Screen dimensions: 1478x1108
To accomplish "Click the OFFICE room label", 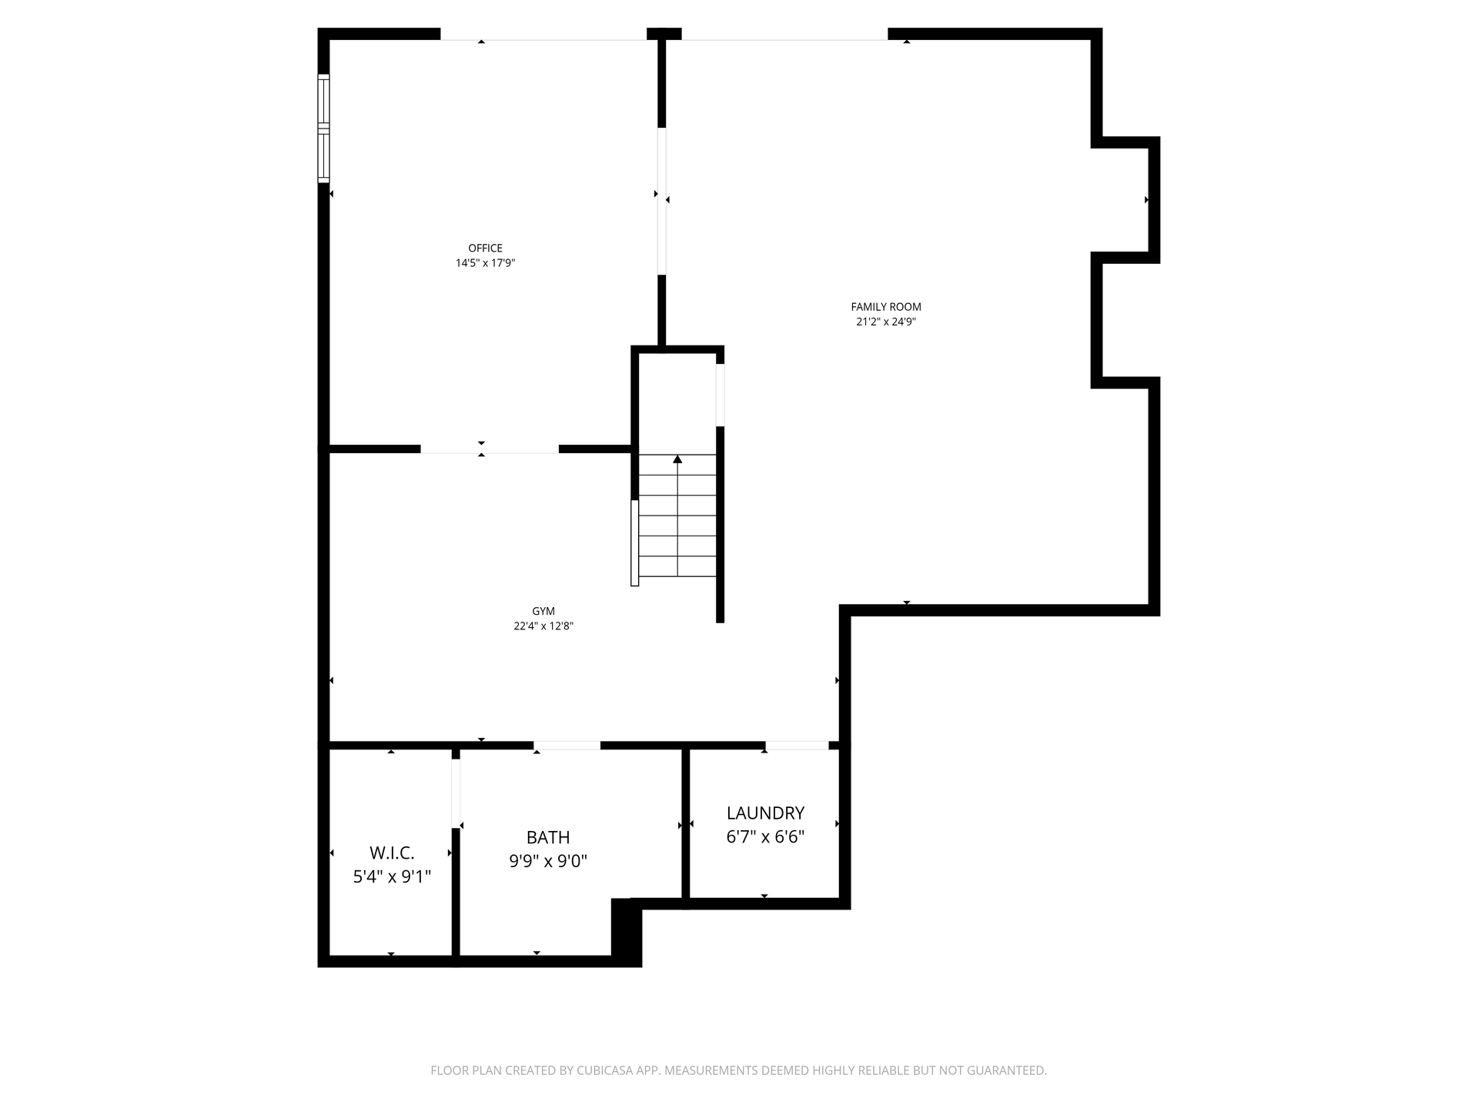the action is pyautogui.click(x=485, y=248).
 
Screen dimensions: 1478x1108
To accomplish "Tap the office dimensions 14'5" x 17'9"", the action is pyautogui.click(x=485, y=263).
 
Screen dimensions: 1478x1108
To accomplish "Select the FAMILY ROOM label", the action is pyautogui.click(x=886, y=307).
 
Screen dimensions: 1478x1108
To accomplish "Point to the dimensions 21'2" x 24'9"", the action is pyautogui.click(x=886, y=322).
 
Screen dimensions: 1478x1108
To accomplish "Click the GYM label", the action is pyautogui.click(x=543, y=611).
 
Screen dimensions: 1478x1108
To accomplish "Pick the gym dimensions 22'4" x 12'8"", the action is pyautogui.click(x=543, y=626).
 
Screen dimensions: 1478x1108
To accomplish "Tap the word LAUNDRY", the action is pyautogui.click(x=765, y=813).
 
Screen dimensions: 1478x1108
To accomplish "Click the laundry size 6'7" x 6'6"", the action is pyautogui.click(x=765, y=836).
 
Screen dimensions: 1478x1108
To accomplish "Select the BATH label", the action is pyautogui.click(x=548, y=837).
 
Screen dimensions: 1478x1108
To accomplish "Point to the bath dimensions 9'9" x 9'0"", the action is pyautogui.click(x=548, y=861).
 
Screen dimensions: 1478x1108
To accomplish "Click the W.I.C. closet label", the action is pyautogui.click(x=392, y=853).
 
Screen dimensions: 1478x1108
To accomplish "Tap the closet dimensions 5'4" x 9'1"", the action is pyautogui.click(x=392, y=876).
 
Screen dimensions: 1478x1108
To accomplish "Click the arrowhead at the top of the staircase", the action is pyautogui.click(x=677, y=459).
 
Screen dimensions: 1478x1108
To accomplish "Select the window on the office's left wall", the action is pyautogui.click(x=324, y=128).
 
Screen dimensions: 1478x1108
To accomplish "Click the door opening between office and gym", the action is pyautogui.click(x=490, y=449).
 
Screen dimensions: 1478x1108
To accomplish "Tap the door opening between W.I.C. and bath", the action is pyautogui.click(x=456, y=793).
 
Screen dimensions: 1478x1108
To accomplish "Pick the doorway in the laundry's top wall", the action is pyautogui.click(x=797, y=745).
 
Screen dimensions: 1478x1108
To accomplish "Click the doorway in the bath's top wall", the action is pyautogui.click(x=567, y=745).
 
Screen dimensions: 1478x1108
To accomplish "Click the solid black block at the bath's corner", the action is pyautogui.click(x=627, y=932).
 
